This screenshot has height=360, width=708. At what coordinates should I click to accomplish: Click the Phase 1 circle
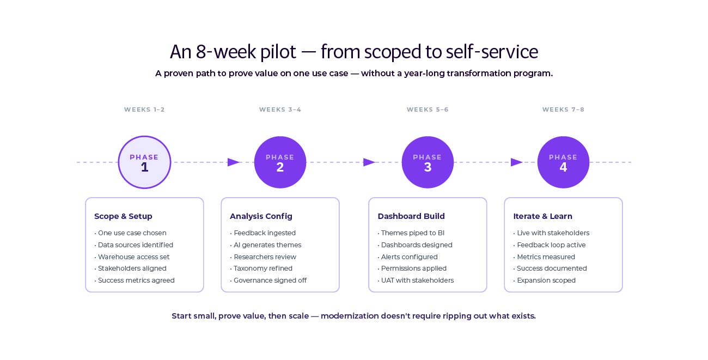144,162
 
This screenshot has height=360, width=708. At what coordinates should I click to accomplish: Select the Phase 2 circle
280,162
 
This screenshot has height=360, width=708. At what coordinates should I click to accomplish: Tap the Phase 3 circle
428,162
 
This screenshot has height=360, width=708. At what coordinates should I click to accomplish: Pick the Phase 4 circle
563,162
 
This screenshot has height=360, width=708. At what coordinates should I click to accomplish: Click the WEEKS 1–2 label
144,109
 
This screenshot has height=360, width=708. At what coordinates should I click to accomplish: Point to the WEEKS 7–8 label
563,109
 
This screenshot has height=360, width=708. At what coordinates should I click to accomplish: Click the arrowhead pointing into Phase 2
234,162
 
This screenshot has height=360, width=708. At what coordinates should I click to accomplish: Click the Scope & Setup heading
123,216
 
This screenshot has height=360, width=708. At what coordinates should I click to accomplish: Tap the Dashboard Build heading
411,216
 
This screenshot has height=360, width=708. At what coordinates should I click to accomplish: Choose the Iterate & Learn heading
542,216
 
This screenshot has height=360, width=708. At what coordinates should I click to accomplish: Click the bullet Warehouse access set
133,257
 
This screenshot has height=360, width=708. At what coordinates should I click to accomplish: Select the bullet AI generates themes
267,245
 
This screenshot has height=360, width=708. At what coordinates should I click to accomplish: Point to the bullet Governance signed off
270,280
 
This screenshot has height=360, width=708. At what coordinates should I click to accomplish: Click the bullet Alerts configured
409,257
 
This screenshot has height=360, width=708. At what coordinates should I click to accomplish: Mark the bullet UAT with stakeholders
417,280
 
